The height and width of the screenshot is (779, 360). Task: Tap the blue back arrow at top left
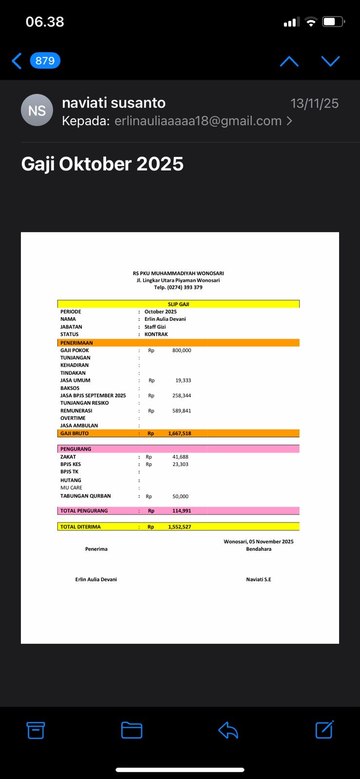tap(17, 61)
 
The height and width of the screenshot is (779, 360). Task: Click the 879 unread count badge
tap(45, 61)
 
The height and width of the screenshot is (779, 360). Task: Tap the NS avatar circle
tap(37, 110)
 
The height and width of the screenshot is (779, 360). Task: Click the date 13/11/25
tap(314, 103)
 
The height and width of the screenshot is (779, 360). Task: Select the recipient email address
tap(198, 121)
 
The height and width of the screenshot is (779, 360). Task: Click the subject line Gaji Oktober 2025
tap(102, 164)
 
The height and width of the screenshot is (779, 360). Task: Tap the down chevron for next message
tap(330, 61)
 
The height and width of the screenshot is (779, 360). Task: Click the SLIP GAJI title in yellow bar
tap(178, 304)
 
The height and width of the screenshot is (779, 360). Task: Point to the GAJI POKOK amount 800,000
tap(182, 351)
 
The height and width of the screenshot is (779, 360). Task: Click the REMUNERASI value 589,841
tap(182, 411)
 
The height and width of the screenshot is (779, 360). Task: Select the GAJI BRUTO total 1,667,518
tap(179, 433)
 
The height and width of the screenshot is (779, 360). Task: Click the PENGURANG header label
tap(76, 449)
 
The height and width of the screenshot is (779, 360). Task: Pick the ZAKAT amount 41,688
tap(180, 457)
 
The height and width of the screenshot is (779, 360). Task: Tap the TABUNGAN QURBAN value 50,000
tap(180, 497)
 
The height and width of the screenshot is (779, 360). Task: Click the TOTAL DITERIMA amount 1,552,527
tap(179, 527)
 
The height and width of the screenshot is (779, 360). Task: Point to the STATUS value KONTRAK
tap(156, 334)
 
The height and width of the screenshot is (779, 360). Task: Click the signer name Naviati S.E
tap(258, 579)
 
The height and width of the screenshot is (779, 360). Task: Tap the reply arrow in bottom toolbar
tap(228, 730)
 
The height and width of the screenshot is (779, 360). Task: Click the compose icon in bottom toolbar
tap(324, 730)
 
